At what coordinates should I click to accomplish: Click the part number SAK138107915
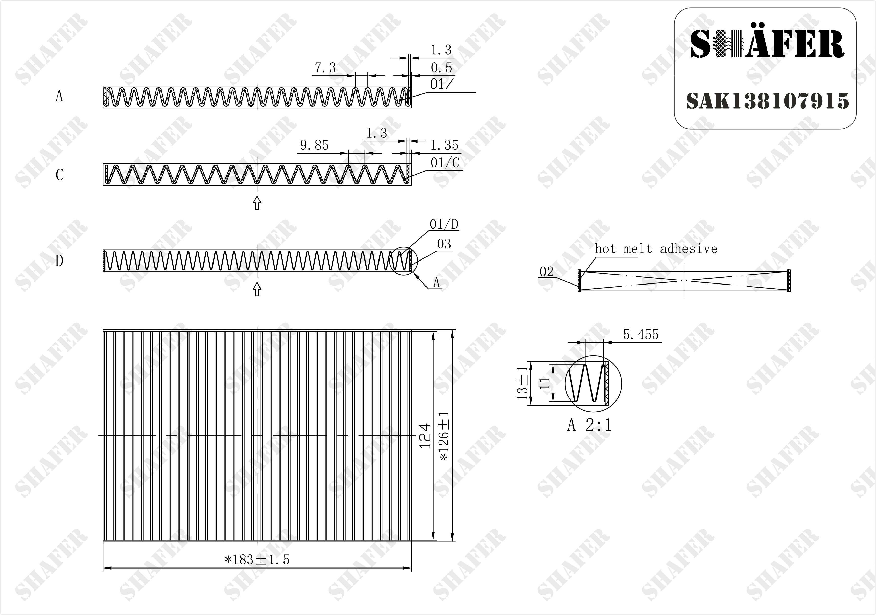point(767,101)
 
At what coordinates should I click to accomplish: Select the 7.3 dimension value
point(325,68)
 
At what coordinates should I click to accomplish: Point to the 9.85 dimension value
point(314,145)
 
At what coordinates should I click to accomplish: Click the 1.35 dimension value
point(444,145)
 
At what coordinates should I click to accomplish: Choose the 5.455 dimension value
point(641,334)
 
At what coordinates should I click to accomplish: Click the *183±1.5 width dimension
point(257,560)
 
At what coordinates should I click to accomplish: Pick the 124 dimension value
point(425,435)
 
